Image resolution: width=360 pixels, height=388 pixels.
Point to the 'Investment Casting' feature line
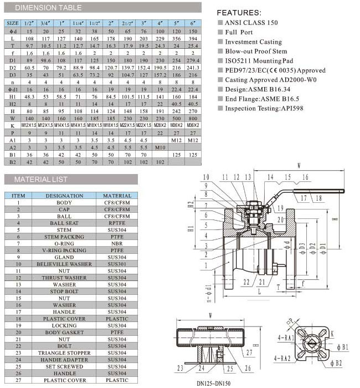(x=253, y=42)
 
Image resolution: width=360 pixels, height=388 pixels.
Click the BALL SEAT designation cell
(x=64, y=223)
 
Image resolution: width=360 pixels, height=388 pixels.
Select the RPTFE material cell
(x=117, y=223)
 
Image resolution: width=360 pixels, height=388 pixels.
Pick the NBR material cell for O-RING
(x=117, y=244)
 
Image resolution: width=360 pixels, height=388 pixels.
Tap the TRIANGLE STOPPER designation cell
(x=64, y=353)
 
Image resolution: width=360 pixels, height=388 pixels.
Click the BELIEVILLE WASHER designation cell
(x=64, y=264)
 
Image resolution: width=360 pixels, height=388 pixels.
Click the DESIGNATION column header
(x=64, y=196)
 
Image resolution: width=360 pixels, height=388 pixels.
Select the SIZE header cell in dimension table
(x=12, y=23)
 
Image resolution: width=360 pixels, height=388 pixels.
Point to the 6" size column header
(x=192, y=23)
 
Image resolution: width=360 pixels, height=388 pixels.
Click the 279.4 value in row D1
(x=192, y=58)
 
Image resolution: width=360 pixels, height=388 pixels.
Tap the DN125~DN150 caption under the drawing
(x=214, y=382)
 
